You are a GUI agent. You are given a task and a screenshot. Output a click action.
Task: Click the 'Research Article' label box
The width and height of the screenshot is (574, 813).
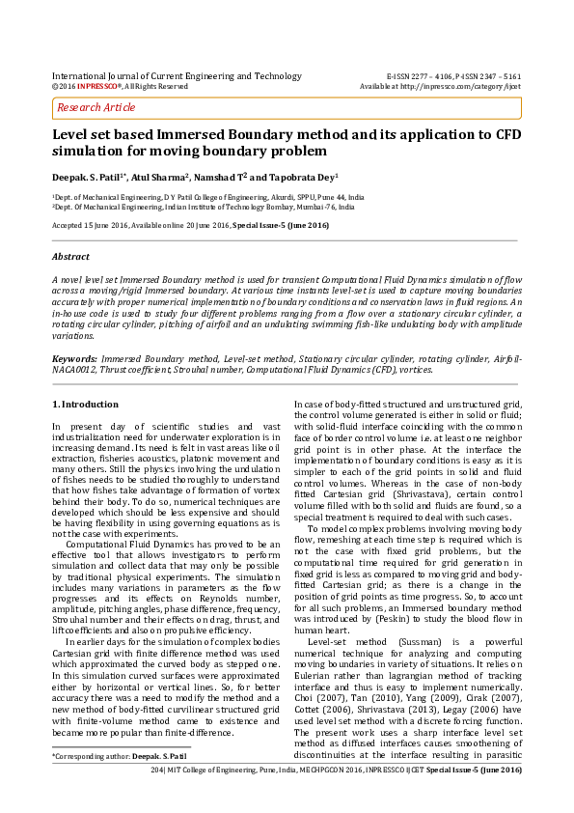click(x=96, y=107)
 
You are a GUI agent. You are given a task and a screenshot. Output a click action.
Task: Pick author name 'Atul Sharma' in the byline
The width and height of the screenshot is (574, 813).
click(x=159, y=178)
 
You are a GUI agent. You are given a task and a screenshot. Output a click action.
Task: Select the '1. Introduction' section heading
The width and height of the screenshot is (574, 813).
click(x=86, y=404)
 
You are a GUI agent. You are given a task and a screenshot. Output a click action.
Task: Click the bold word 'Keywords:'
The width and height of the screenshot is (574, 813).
click(x=75, y=357)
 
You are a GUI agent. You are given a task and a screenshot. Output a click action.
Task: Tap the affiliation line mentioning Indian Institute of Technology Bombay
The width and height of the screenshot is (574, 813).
click(x=203, y=207)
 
